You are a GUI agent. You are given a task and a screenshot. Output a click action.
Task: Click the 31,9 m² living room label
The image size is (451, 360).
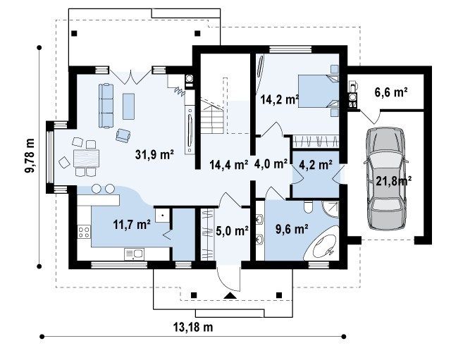point(154,155)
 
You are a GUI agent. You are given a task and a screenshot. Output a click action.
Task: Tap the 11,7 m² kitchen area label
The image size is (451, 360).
point(132,224)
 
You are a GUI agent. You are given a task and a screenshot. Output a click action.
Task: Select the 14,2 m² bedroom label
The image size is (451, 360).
point(280,99)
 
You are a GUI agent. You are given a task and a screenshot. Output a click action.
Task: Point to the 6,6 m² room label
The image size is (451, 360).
point(391,92)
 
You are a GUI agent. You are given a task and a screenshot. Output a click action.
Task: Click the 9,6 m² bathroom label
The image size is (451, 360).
point(292,229)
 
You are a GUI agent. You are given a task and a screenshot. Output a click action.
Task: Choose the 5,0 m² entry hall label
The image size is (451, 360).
point(232,230)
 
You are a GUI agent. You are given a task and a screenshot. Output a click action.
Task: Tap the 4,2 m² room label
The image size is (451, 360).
point(316,164)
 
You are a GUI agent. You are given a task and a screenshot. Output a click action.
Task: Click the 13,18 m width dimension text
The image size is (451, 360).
point(193,327)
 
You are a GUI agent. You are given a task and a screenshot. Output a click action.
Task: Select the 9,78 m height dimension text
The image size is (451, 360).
point(30,156)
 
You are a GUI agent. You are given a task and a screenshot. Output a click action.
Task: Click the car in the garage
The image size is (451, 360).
point(385,178)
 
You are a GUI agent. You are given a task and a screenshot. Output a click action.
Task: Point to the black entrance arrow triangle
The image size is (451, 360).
point(230,295)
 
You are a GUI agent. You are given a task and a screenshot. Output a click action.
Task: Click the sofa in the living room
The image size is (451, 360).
point(106,106)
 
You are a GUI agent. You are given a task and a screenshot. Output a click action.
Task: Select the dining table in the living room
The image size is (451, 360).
point(86,159)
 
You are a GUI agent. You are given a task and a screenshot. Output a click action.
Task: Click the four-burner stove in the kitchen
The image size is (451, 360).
point(84,232)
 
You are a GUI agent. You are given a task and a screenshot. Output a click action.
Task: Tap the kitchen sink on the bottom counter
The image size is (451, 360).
point(135,254)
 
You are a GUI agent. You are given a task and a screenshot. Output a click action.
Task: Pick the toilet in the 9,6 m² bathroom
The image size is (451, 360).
point(308,207)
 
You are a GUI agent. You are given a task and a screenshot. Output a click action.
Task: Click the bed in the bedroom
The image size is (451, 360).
point(319,91)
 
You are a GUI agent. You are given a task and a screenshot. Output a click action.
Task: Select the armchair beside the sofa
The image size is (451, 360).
point(123,135)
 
